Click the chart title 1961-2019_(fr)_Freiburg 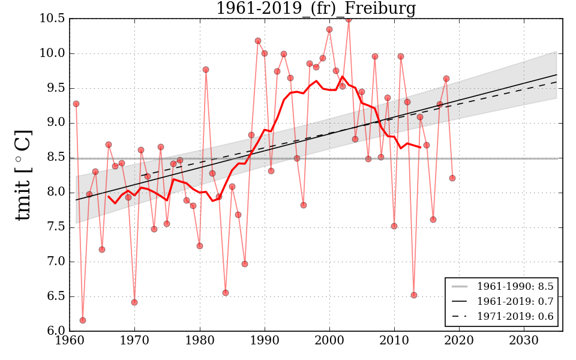coord(316,8)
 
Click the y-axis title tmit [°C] coord(22,175)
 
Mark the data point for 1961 coord(76,104)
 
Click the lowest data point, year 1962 coord(83,320)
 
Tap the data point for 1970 coord(134,302)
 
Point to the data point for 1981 coord(206,70)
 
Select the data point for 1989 coord(258,41)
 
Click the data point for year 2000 coord(329,29)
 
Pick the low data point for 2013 coord(414,295)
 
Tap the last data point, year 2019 coord(452,178)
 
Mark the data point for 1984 coord(226,293)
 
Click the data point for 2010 coord(394,226)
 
